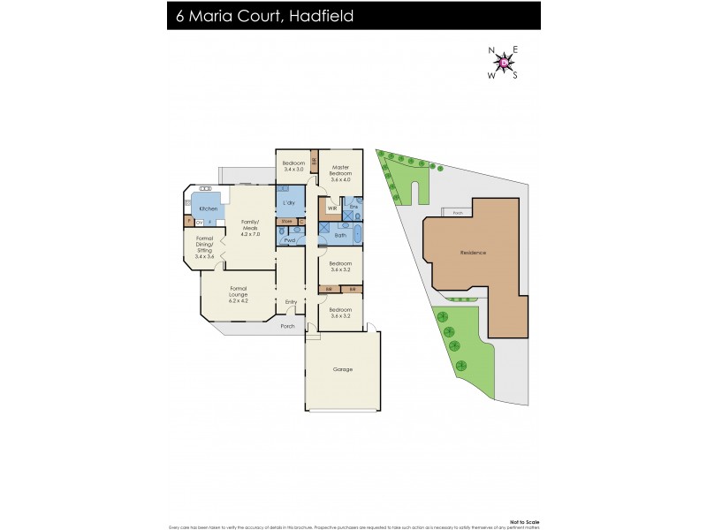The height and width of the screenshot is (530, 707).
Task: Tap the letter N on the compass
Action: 492,50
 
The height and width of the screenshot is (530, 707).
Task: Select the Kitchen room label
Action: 208,208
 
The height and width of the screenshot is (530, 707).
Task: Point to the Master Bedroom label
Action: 340,172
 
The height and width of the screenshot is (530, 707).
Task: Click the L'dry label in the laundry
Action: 288,204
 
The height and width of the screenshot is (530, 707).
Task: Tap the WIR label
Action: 332,208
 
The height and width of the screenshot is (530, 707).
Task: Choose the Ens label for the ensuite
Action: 353,207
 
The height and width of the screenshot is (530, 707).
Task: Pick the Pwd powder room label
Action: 289,239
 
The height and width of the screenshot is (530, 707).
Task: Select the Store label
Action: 286,221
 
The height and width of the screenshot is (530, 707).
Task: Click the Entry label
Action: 291,302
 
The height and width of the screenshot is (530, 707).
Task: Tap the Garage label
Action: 342,369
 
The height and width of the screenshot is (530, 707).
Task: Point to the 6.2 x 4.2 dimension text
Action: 239,301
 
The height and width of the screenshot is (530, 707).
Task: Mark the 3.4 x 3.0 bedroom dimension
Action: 293,169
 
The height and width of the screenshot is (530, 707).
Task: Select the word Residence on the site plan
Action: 473,253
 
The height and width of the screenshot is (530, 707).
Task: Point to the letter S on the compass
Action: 515,75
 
